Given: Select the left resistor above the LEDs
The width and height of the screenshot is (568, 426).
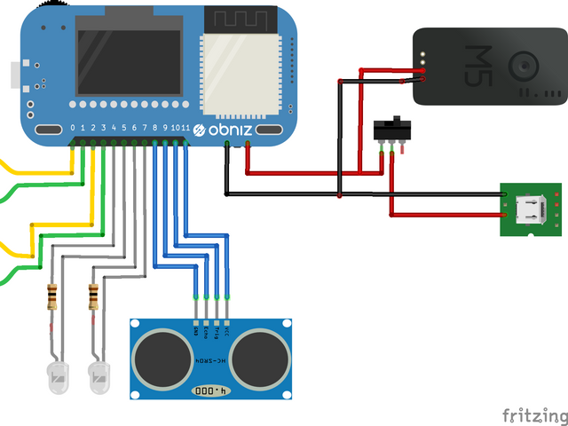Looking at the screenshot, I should point(52,296).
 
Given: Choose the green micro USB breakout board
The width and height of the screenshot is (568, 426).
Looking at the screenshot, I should point(531,210).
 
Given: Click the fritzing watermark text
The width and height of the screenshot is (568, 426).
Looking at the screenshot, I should point(533,414).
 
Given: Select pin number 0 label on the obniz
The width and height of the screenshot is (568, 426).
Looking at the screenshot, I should point(73,129).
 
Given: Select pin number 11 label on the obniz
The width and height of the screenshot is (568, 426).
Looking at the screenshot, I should point(185,129).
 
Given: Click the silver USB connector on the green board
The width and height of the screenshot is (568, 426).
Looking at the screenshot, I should point(532,210).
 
